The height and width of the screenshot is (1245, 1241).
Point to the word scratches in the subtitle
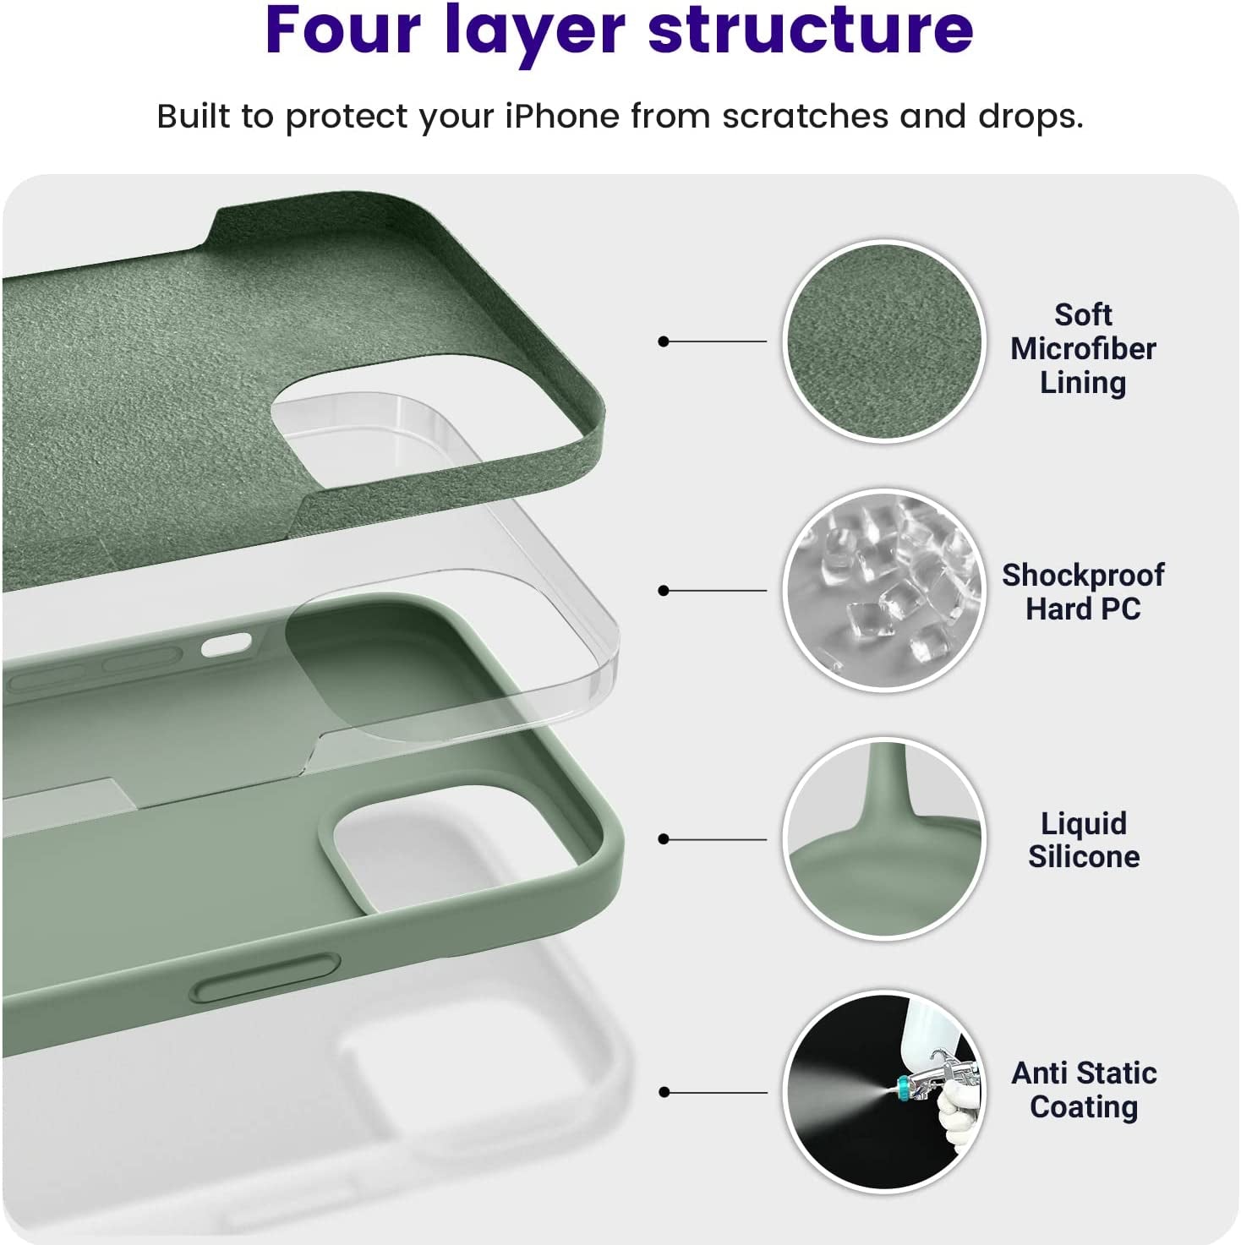pos(804,116)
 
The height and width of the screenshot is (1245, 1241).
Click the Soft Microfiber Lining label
pos(1083,348)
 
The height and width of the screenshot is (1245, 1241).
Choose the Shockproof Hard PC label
pos(1083,592)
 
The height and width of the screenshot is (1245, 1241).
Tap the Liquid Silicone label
pos(1083,839)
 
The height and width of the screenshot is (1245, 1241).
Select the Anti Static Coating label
pos(1084,1089)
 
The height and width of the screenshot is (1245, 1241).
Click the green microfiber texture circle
pos(883,341)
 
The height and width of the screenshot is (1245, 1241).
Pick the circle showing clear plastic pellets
pos(883,590)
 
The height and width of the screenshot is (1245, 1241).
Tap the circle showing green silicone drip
pos(883,838)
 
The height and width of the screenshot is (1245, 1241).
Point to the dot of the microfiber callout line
pos(664,341)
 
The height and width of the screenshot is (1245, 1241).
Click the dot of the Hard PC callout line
pos(664,590)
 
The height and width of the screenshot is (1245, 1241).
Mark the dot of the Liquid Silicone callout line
pos(664,839)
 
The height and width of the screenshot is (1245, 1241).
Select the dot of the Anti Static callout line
pos(664,1092)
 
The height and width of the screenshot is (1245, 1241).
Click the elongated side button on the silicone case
pos(265,978)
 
